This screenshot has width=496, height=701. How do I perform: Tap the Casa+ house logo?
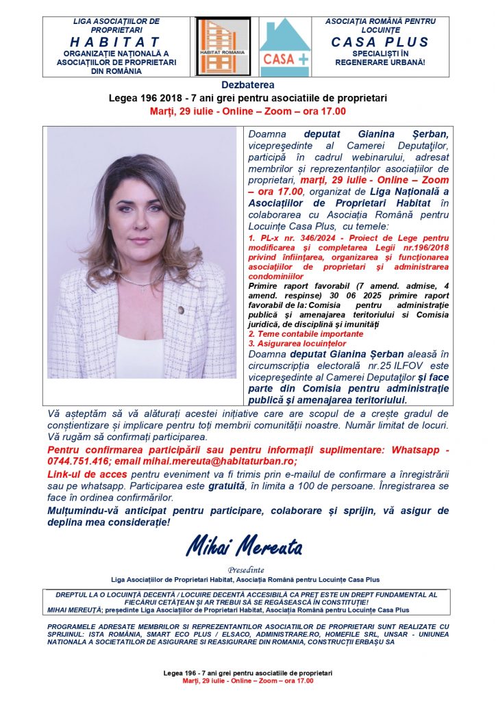pyautogui.click(x=285, y=47)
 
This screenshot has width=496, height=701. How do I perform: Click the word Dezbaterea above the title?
pyautogui.click(x=247, y=85)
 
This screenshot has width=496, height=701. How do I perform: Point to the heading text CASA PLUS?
pyautogui.click(x=379, y=42)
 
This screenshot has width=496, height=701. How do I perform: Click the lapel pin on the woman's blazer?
pyautogui.click(x=181, y=309)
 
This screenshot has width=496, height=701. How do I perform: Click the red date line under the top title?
pyautogui.click(x=247, y=110)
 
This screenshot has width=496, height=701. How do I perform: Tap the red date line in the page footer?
pyautogui.click(x=247, y=681)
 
